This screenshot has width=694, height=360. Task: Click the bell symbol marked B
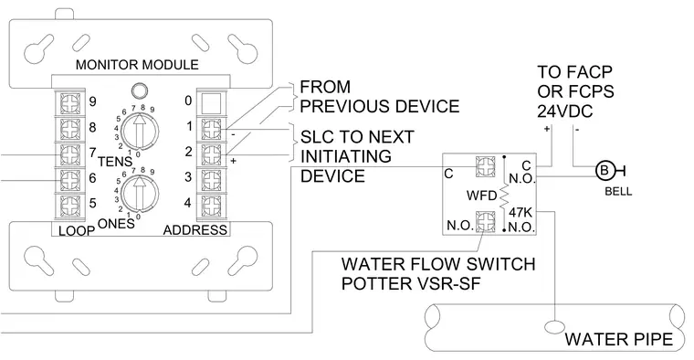[x=604, y=170]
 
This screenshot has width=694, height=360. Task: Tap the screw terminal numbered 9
[x=70, y=102]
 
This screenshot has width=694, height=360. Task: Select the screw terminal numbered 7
[x=70, y=154]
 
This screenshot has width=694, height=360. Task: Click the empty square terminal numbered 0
[x=211, y=102]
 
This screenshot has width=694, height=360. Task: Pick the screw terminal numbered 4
[x=211, y=205]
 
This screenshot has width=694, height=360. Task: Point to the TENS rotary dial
[x=140, y=131]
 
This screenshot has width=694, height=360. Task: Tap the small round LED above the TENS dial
[x=140, y=90]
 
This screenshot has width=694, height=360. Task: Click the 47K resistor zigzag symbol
[x=504, y=196]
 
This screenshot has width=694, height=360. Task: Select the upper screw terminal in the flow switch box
[x=485, y=165]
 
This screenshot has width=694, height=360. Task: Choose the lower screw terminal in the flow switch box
[x=485, y=221]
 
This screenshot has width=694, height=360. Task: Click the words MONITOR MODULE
[x=137, y=65]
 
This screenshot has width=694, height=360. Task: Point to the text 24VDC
[x=564, y=111]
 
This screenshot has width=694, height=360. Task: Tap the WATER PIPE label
[x=619, y=339]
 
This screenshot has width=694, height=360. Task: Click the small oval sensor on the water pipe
[x=554, y=327]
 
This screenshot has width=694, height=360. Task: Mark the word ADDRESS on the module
[x=195, y=230]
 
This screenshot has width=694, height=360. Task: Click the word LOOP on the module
[x=77, y=230]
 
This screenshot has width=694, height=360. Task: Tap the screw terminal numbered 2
[x=211, y=154]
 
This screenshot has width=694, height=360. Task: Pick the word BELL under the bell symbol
[x=618, y=192]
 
